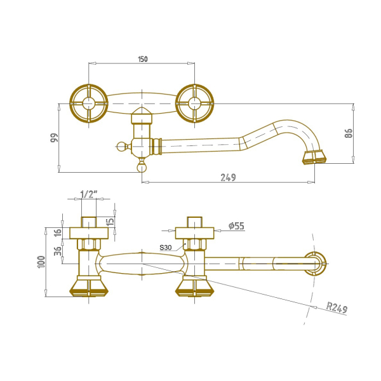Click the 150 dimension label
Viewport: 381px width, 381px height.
[x=143, y=59]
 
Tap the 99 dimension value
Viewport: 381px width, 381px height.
[x=55, y=138]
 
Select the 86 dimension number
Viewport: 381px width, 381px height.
[x=349, y=133]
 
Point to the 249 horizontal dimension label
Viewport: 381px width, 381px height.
[x=228, y=177]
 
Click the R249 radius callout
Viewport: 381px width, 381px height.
[x=337, y=307]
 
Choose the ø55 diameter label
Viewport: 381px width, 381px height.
[x=236, y=225]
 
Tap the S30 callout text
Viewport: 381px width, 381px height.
[x=166, y=248]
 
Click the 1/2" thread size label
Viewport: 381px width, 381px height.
[x=89, y=194]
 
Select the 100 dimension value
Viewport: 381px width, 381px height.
[x=41, y=262]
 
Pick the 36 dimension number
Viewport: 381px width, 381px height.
[x=58, y=251]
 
